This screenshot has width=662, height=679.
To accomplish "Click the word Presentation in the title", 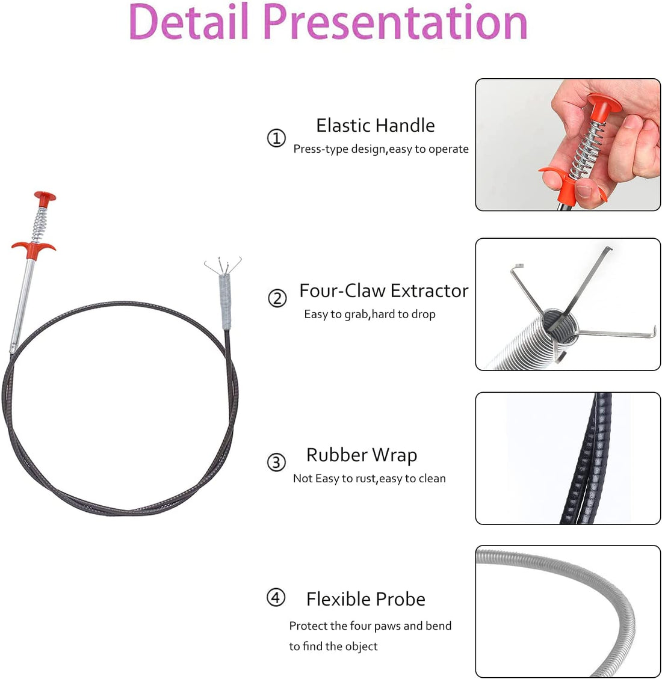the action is click(x=395, y=22).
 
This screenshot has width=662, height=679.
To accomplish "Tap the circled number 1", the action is click(x=276, y=138).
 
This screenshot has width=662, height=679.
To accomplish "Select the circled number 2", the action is click(x=277, y=298).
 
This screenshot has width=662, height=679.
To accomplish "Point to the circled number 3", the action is click(x=276, y=462).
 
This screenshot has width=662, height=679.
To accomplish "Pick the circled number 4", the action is click(x=276, y=598).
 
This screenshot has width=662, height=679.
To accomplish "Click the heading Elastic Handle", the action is click(x=375, y=126).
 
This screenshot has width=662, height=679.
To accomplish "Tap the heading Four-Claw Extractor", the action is click(x=384, y=290).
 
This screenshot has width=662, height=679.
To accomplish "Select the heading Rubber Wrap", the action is click(x=362, y=455).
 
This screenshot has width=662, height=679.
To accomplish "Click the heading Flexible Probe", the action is click(x=366, y=599).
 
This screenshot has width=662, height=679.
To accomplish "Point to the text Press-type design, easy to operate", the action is click(x=381, y=149).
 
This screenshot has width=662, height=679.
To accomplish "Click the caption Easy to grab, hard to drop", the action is click(x=370, y=314).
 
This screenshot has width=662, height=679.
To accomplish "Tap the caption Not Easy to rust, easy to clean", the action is click(x=369, y=479).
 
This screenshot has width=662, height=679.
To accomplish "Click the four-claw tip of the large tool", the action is click(x=223, y=265).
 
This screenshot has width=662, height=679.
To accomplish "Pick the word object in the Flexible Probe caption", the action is click(x=361, y=647).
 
